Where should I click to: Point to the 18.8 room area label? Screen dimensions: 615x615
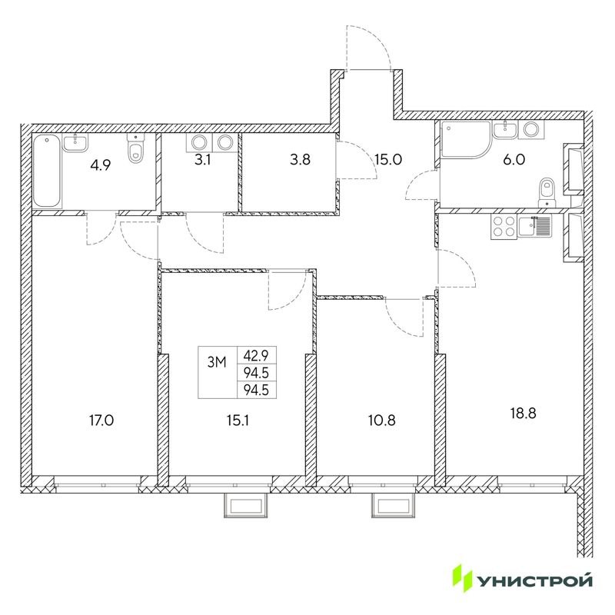tap(521, 411)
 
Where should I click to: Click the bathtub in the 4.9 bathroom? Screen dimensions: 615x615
tap(47, 171)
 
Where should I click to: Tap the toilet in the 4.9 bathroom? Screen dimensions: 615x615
tap(137, 148)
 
